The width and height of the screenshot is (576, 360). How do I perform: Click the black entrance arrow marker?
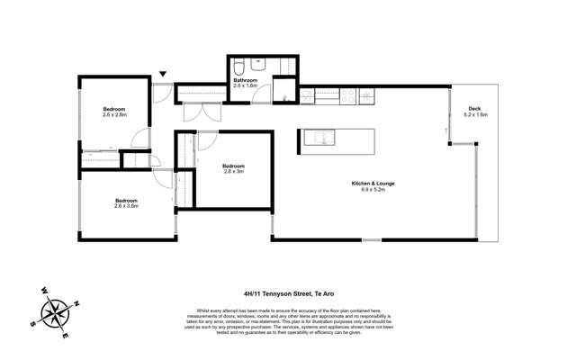point(162,75)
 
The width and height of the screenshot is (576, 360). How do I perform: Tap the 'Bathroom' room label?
point(246,80)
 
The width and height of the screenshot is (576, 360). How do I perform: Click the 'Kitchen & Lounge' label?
point(373,184)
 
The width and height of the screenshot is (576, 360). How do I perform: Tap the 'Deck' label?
point(474,109)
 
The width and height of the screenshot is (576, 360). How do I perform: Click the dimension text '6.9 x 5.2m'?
point(373,191)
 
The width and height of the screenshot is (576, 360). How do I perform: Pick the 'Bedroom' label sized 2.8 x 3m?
point(233,166)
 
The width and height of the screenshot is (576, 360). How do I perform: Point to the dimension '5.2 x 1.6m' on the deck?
point(474,115)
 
